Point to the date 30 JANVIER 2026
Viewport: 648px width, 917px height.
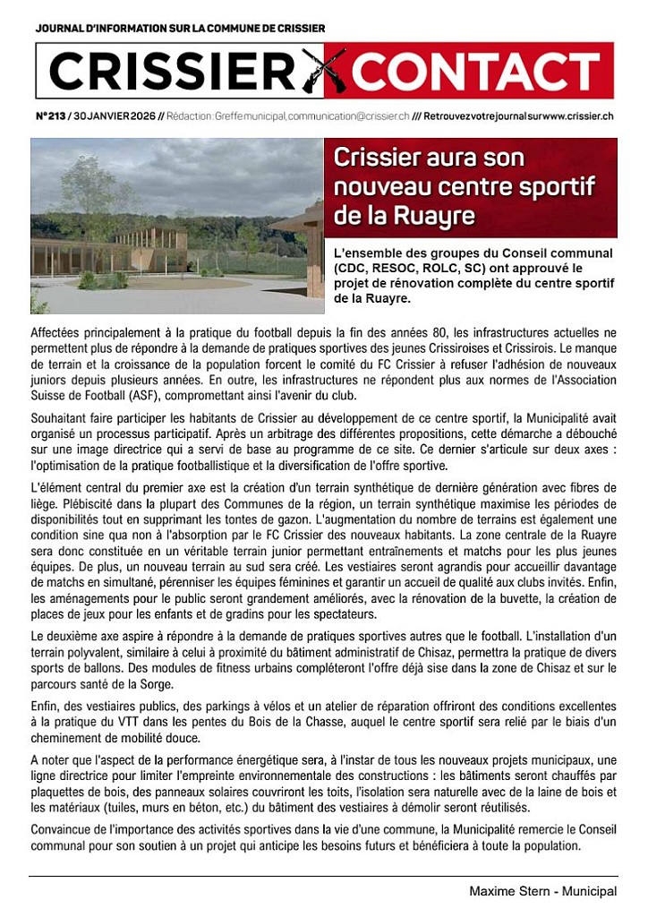(x=115, y=116)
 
